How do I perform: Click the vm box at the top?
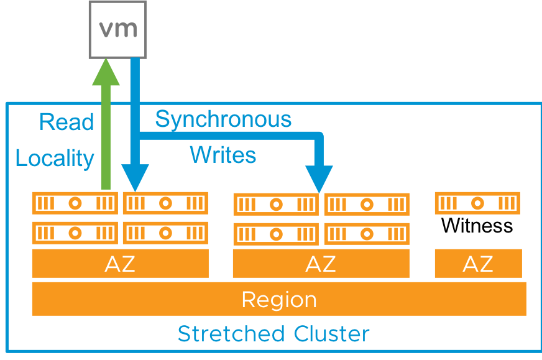[x=117, y=29]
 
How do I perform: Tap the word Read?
[x=66, y=122]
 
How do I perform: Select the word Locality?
[x=55, y=159]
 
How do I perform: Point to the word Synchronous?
[x=223, y=119]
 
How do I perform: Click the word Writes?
[x=223, y=154]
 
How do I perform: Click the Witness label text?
[x=477, y=225]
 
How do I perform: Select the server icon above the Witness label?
[x=478, y=203]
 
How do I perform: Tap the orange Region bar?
[x=279, y=299]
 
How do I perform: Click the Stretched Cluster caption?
[x=273, y=334]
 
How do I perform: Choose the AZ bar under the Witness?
[x=478, y=264]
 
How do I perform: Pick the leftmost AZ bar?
[x=120, y=264]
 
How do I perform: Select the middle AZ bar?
[x=321, y=264]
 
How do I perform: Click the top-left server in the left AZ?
[x=75, y=203]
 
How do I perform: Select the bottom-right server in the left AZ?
[x=165, y=233]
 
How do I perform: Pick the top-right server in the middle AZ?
[x=367, y=205]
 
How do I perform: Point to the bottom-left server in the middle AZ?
[x=276, y=234]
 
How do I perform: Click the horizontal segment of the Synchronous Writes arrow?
[x=230, y=135]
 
